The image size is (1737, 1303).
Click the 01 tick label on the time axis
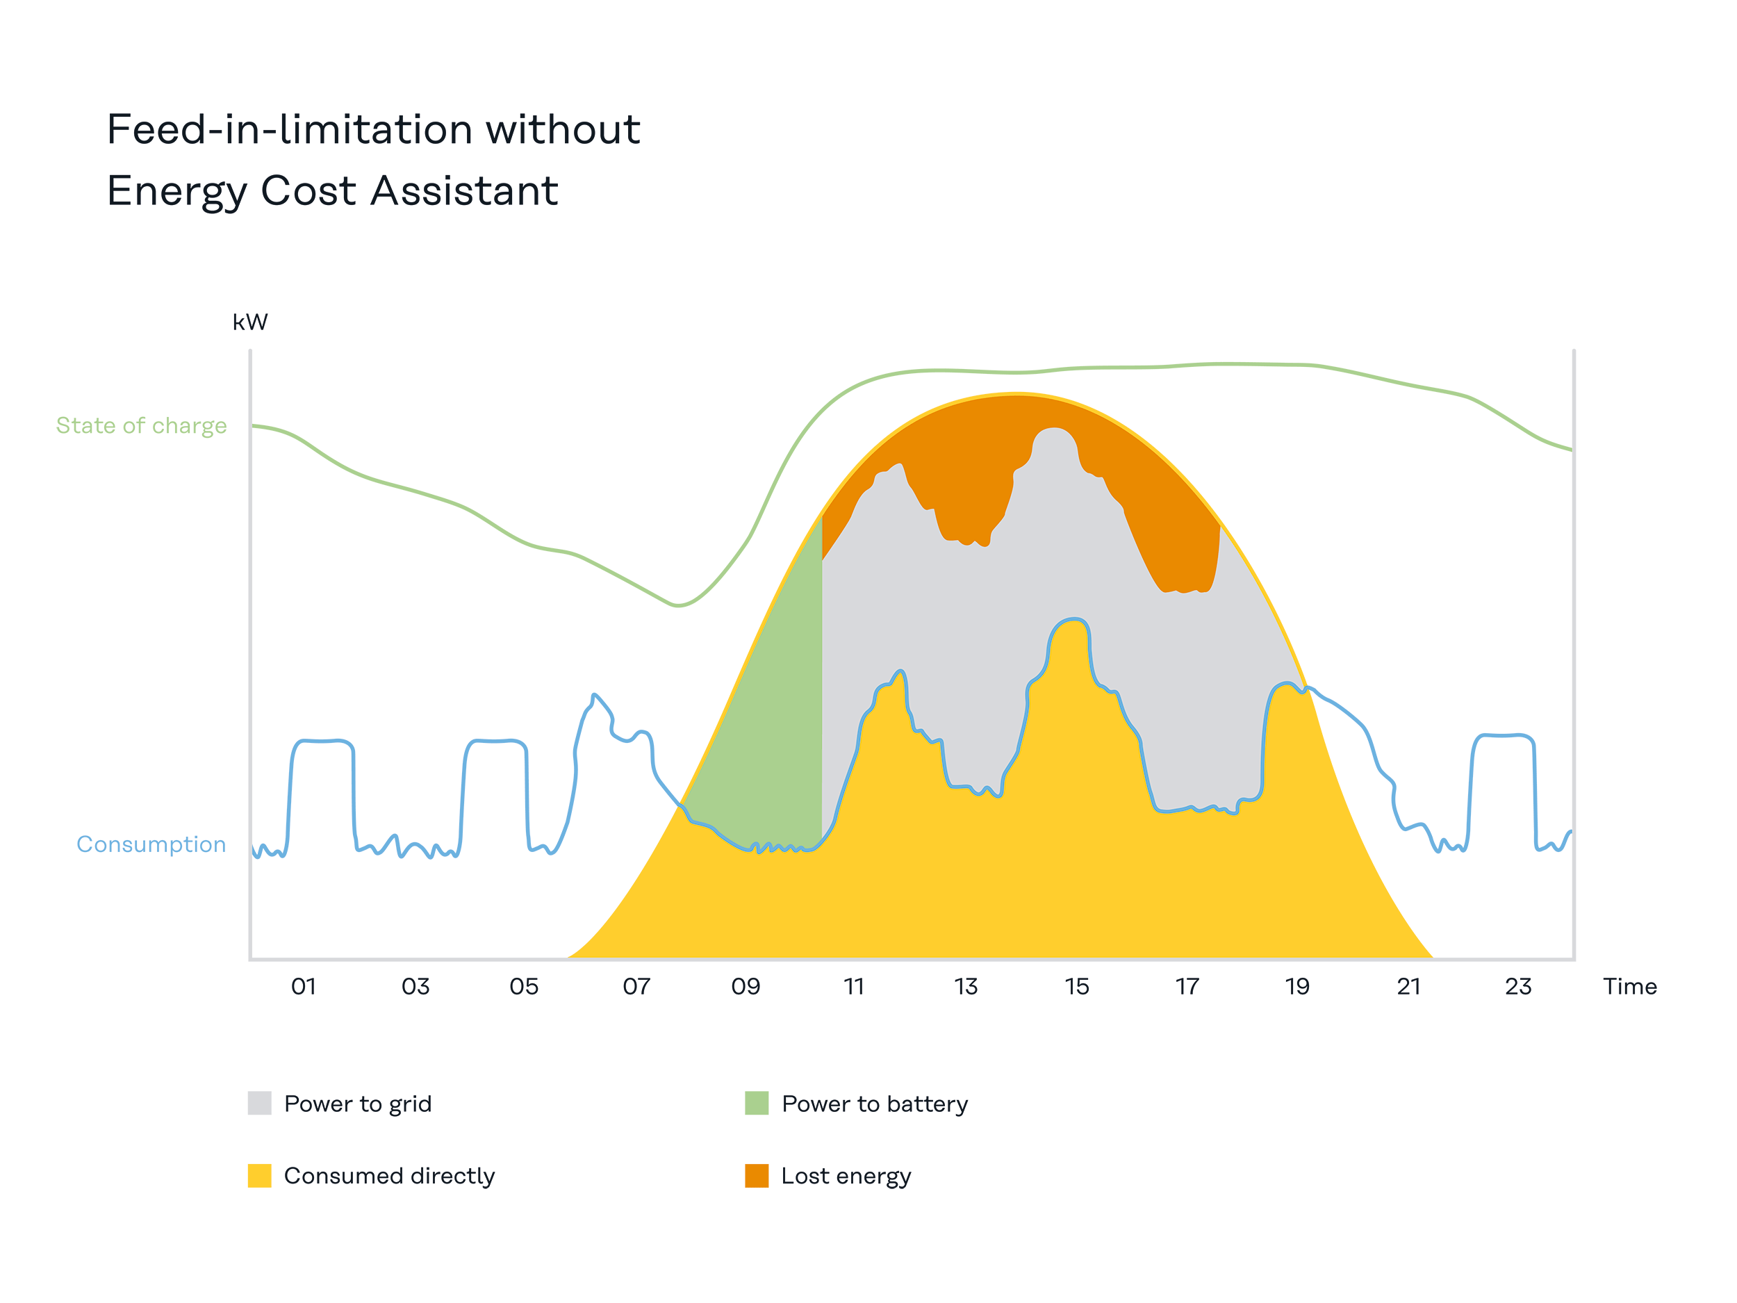pos(303,987)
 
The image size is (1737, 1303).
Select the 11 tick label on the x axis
pos(854,987)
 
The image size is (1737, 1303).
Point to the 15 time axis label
pos(1077,987)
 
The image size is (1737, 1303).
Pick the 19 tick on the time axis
pos(1297,987)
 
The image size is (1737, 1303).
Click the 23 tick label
pos(1518,987)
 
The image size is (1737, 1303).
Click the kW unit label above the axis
pos(249,322)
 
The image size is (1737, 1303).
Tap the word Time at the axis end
pos(1629,987)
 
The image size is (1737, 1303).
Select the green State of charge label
pos(141,426)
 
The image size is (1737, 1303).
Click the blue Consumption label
pos(151,844)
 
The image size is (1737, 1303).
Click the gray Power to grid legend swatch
pos(259,1103)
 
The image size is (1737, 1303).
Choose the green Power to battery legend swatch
pos(756,1103)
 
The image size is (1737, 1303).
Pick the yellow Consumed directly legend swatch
pos(259,1176)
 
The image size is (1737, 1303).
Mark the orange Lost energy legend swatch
pos(756,1176)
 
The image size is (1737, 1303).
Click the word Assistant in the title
pos(464,191)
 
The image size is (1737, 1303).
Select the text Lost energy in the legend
pos(846,1176)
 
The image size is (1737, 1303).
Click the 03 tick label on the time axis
pos(415,987)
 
